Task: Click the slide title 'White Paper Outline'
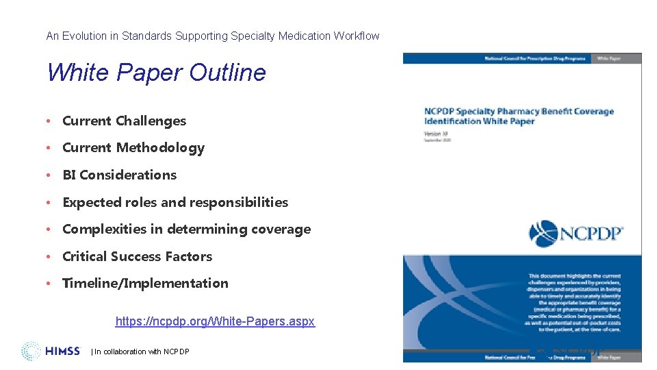point(156,73)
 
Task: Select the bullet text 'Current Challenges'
point(124,121)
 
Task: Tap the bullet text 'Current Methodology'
point(133,148)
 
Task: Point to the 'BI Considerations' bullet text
point(119,175)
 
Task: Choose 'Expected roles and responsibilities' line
point(175,202)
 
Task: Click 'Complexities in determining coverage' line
point(186,230)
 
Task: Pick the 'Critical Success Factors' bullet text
point(137,256)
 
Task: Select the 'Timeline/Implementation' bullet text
point(145,284)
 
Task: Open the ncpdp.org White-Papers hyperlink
point(215,321)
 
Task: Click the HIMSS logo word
point(63,351)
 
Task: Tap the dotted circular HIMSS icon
point(31,351)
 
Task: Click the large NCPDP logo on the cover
point(577,234)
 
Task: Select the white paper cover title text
point(519,116)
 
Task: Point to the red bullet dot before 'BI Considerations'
point(50,175)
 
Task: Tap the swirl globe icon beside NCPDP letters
point(544,234)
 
